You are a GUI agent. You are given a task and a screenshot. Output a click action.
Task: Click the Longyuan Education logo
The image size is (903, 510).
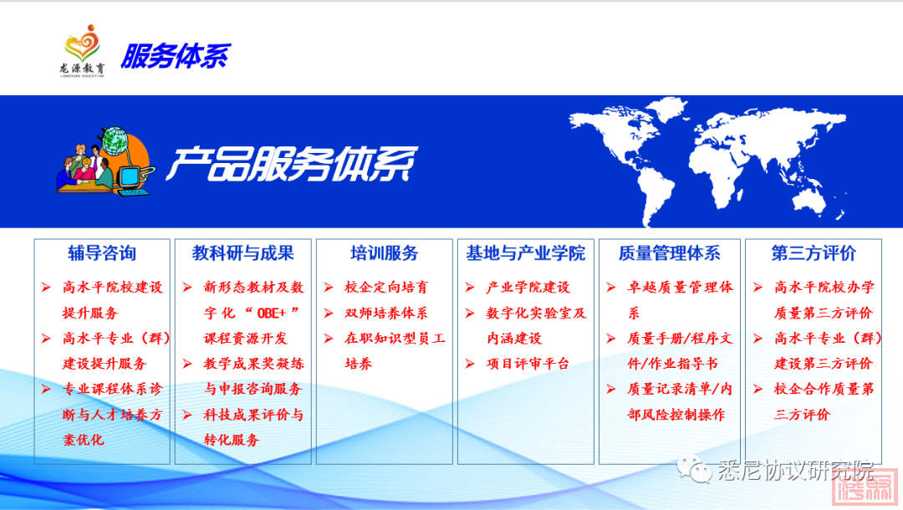click(x=82, y=51)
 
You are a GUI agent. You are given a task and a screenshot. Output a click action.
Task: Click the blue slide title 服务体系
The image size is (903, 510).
click(x=176, y=56)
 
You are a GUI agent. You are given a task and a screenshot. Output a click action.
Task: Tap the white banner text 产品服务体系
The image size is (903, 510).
click(x=292, y=164)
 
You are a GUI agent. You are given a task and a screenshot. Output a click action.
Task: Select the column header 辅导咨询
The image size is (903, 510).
click(x=102, y=252)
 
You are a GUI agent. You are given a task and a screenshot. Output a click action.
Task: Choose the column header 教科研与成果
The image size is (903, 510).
click(x=243, y=252)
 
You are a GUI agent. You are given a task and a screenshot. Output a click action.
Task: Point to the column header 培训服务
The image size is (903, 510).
click(x=384, y=252)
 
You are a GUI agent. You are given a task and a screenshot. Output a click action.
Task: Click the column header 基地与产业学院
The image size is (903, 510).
click(x=526, y=252)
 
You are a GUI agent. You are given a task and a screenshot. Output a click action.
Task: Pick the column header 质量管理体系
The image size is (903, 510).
click(x=669, y=252)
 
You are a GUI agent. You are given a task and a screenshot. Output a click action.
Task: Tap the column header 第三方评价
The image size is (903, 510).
click(x=814, y=252)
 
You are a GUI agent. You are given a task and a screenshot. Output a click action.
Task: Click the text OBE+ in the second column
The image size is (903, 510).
click(x=271, y=314)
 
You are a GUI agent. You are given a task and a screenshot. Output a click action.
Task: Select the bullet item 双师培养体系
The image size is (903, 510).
click(x=385, y=314)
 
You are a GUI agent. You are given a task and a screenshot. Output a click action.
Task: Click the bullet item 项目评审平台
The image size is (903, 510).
click(x=528, y=364)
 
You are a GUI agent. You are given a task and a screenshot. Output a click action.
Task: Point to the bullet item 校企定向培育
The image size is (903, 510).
click(x=385, y=288)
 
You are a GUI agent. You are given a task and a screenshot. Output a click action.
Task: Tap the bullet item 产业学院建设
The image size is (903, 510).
click(x=528, y=288)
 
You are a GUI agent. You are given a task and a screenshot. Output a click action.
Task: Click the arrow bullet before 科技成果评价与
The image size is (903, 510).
click(x=187, y=415)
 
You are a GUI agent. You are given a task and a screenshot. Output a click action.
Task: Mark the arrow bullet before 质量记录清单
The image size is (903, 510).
click(x=611, y=389)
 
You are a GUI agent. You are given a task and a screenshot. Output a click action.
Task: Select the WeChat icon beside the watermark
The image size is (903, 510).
click(x=694, y=469)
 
